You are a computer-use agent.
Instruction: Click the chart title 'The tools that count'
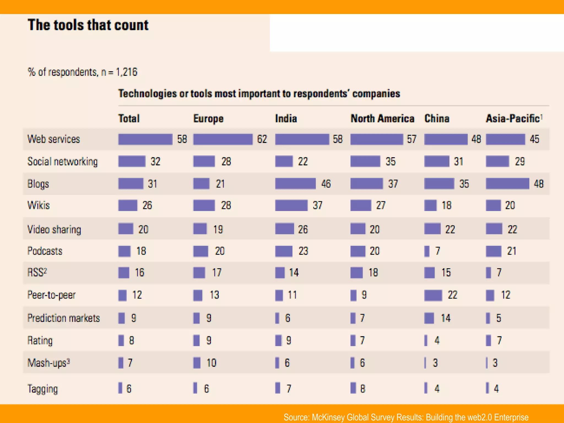tap(88, 25)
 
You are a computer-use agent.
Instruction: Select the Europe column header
tap(208, 119)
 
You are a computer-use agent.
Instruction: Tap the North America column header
tap(382, 119)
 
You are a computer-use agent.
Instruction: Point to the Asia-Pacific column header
tap(513, 119)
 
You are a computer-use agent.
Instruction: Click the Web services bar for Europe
tap(223, 139)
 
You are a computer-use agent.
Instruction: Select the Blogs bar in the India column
tap(295, 184)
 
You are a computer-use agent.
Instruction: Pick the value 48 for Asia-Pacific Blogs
tap(539, 184)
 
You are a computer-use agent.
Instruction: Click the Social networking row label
tap(63, 162)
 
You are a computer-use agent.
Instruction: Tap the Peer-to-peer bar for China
tap(433, 295)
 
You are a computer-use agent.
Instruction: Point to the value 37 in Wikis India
tap(318, 205)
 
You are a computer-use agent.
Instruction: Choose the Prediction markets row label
tap(64, 318)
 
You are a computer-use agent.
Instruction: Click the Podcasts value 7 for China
tap(438, 251)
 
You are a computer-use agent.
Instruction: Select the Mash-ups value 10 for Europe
tap(211, 363)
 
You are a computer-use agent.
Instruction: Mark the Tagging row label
tap(43, 389)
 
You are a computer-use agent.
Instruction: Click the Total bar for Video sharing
tap(126, 229)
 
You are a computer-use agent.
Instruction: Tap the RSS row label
tap(37, 273)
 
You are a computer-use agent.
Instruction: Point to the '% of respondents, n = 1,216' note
tap(82, 72)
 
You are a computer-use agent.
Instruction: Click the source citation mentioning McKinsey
tap(406, 417)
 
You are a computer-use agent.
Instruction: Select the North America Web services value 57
tap(412, 139)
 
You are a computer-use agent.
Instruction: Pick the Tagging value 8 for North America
tap(363, 389)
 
